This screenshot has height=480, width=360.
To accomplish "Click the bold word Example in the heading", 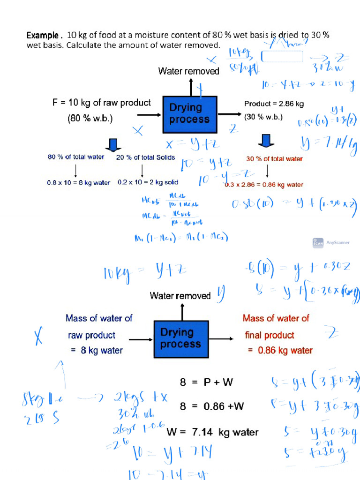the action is (44, 35).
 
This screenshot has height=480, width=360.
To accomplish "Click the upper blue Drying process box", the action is (189, 113).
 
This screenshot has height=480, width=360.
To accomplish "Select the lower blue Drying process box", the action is (180, 338).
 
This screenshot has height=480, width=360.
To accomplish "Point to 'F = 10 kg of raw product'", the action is (101, 103).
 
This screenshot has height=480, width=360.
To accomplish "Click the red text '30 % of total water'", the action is (274, 159).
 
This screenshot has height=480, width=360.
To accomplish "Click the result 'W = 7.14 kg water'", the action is (212, 432).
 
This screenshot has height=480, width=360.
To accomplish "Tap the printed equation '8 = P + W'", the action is (206, 382).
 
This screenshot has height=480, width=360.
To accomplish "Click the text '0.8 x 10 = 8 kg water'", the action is (78, 182).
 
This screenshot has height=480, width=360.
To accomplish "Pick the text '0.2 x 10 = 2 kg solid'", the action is (148, 182).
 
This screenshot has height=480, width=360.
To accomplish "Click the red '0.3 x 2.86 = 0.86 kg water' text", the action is (263, 185).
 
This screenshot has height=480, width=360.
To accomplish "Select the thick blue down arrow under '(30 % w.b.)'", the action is (265, 140).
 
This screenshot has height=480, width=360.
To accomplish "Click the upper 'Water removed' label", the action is (188, 71).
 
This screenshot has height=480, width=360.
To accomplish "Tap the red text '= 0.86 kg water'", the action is (280, 350).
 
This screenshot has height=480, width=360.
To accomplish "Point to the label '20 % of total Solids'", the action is (145, 157).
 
